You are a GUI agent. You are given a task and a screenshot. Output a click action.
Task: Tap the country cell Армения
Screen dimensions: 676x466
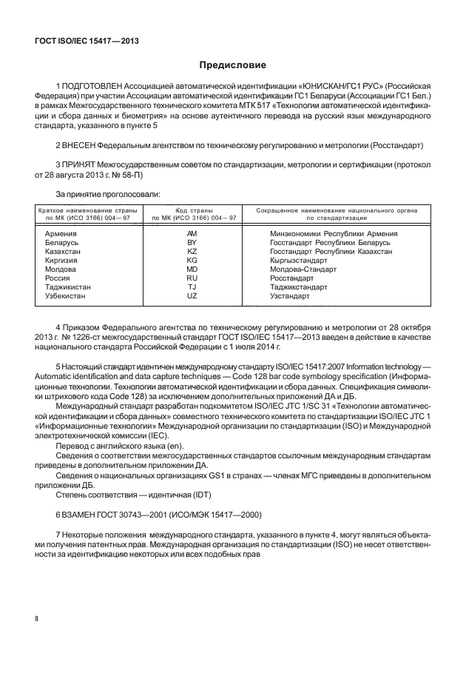(x=62, y=233)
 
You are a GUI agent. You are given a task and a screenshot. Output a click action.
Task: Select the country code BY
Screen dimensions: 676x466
(x=192, y=242)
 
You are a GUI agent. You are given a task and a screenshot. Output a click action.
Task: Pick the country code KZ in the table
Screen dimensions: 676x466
(x=192, y=252)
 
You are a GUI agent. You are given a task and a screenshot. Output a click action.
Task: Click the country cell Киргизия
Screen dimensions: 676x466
(x=62, y=261)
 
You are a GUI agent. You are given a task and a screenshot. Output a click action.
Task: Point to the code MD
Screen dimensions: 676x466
(x=192, y=270)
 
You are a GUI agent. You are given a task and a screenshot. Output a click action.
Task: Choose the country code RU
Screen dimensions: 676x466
(x=192, y=278)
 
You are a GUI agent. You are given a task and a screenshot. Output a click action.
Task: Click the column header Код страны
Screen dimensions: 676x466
(x=193, y=210)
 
